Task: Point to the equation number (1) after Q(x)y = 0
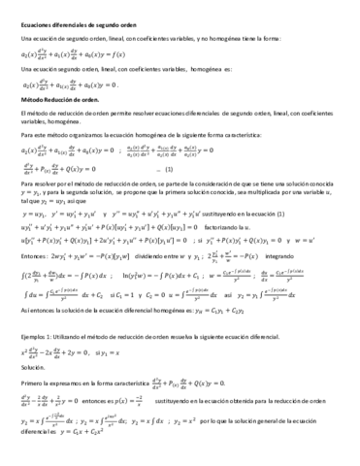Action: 147,167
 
